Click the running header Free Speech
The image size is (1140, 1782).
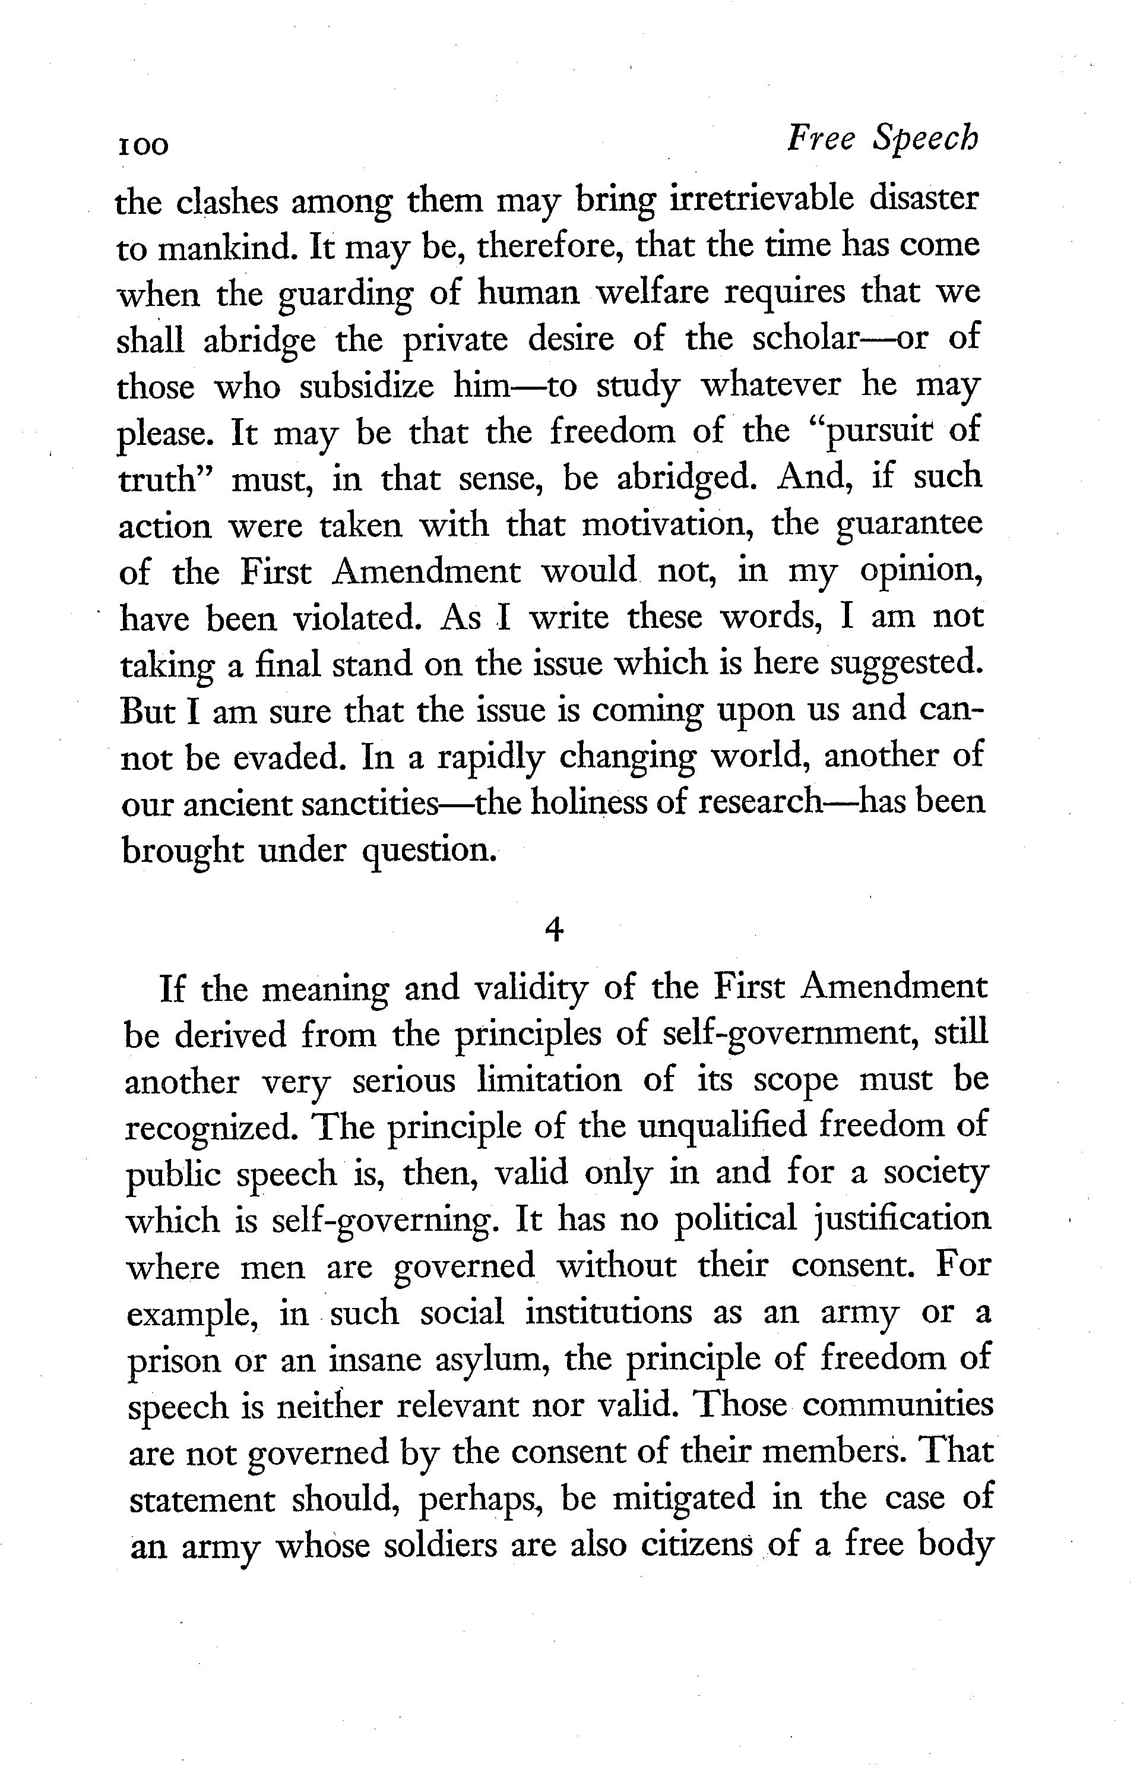click(882, 138)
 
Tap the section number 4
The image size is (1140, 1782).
click(554, 929)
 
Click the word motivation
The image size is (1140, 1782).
click(669, 526)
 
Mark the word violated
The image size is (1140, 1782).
click(357, 618)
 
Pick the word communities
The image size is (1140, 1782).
click(897, 1406)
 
